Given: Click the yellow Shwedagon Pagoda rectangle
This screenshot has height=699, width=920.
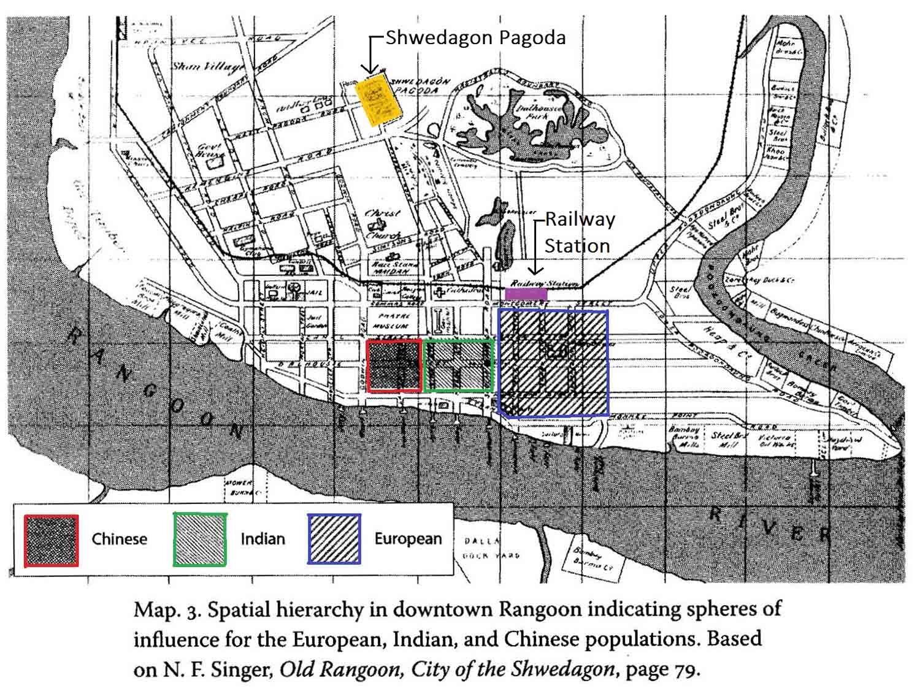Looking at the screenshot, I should tap(378, 100).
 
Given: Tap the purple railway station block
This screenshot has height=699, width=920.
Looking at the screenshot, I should tap(526, 294).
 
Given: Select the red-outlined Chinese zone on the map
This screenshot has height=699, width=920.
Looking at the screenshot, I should tap(394, 365).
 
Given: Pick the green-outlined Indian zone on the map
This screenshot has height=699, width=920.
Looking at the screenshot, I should tap(459, 365).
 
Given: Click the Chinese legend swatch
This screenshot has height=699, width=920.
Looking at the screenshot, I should tap(52, 540).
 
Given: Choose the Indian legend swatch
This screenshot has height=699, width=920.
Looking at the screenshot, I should tap(200, 540).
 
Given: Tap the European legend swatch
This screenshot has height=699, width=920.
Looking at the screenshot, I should tap(334, 539).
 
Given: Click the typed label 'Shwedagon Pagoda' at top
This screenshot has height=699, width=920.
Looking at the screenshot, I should tap(475, 38).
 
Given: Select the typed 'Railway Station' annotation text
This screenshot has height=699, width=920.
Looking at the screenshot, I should tap(578, 233).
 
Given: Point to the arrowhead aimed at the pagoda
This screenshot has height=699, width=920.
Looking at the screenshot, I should tap(370, 71).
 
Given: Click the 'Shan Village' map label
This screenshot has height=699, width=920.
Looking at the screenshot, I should tap(207, 67).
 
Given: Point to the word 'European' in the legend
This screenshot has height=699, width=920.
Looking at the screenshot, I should tap(408, 539).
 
